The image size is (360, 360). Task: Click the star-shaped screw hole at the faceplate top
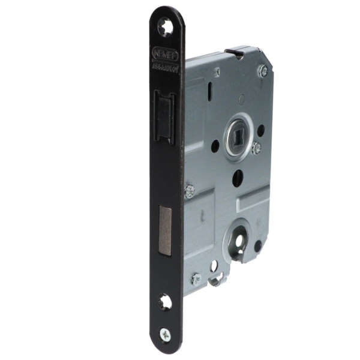point(165,26)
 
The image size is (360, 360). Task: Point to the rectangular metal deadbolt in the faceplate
point(165,230)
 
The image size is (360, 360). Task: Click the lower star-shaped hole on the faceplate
point(164,302)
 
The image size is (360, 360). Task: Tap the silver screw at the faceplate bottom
point(164,334)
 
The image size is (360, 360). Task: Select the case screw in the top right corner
point(263,71)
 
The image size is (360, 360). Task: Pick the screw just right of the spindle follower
point(256,148)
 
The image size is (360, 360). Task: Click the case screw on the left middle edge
point(190,191)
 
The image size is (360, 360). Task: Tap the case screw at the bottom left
point(196,279)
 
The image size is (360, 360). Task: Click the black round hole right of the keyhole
point(257,246)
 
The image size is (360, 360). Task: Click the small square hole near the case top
point(217,72)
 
